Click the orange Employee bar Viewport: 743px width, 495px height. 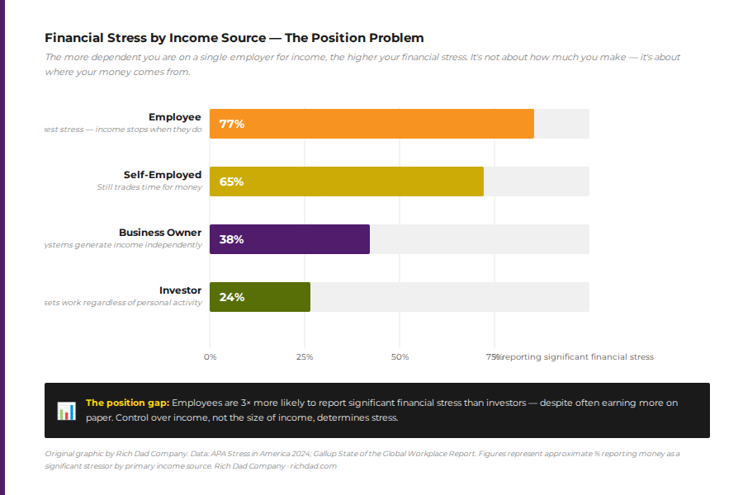tap(371, 124)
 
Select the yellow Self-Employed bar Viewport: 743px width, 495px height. tap(347, 181)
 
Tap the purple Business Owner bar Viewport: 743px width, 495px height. tap(290, 239)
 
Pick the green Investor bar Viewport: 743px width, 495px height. tap(260, 297)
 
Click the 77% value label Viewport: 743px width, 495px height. tap(231, 124)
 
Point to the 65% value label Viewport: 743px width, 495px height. tap(231, 181)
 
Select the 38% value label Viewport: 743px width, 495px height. tap(231, 239)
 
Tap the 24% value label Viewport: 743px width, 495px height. tap(231, 297)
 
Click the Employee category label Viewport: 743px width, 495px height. tap(174, 117)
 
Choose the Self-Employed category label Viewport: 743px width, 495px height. tap(163, 175)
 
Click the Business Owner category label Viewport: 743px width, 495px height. tap(160, 233)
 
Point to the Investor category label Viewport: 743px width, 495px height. tap(180, 290)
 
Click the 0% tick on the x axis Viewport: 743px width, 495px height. tap(210, 357)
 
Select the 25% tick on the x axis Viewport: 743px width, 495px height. tap(305, 357)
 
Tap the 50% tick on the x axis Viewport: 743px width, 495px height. tap(400, 357)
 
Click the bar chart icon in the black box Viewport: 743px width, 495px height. tap(66, 410)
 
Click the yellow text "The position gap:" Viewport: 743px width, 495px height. tap(127, 403)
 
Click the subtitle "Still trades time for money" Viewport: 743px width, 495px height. tap(149, 187)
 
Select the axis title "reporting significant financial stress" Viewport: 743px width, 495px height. tap(577, 357)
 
